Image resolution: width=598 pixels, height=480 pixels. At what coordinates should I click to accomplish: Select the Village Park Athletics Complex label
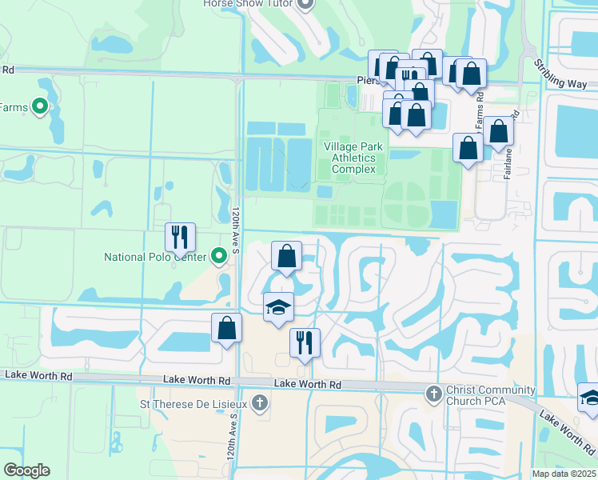click(x=353, y=158)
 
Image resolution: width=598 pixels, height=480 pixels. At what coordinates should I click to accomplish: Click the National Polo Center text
click(x=155, y=257)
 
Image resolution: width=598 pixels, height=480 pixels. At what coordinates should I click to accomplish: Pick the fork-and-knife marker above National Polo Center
click(x=179, y=237)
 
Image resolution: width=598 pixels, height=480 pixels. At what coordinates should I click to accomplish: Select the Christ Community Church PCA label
click(x=491, y=395)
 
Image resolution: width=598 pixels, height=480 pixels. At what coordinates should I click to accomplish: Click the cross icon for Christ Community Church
click(x=433, y=394)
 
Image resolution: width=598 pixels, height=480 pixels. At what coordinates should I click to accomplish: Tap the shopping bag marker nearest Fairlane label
click(x=498, y=131)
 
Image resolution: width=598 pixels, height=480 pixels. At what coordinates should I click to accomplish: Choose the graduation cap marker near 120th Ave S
click(x=278, y=306)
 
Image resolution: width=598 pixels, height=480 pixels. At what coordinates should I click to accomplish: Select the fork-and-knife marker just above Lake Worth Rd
click(x=305, y=342)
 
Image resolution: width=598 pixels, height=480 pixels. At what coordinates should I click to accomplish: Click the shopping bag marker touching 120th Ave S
click(x=227, y=327)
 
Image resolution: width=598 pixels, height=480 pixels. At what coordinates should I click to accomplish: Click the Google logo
click(x=26, y=470)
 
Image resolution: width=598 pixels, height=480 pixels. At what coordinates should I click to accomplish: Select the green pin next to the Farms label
click(x=38, y=106)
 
